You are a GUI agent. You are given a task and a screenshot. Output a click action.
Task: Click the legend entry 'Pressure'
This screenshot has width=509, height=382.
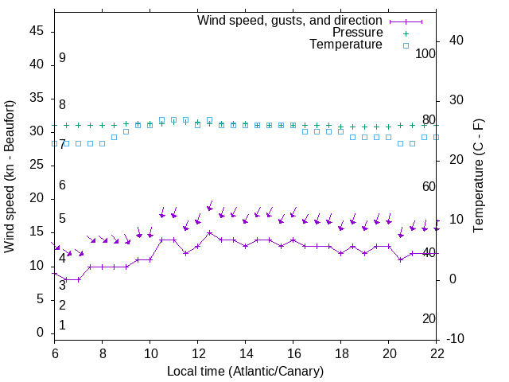[x=356, y=33]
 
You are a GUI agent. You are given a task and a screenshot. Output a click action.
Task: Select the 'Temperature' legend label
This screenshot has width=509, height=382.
[x=346, y=45]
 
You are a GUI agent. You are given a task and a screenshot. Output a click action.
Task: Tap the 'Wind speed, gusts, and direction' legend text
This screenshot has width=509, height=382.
[x=290, y=20]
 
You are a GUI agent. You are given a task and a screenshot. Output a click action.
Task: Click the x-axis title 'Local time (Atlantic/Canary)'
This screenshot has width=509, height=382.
[x=246, y=372]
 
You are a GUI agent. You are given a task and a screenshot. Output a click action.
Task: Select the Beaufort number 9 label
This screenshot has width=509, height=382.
[x=62, y=58]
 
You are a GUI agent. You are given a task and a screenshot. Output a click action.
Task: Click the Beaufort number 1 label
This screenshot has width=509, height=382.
[x=62, y=325]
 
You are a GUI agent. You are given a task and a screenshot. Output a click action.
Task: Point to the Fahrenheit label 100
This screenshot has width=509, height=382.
[x=425, y=53]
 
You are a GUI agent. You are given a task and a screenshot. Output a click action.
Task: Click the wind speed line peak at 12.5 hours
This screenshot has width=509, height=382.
[x=209, y=232]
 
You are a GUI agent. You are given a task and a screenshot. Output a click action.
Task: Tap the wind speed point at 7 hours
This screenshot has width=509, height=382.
[x=78, y=279]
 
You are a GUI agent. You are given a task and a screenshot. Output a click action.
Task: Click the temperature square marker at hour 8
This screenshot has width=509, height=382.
[x=102, y=143]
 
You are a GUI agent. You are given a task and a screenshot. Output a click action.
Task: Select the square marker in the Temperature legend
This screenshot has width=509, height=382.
[x=405, y=45]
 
